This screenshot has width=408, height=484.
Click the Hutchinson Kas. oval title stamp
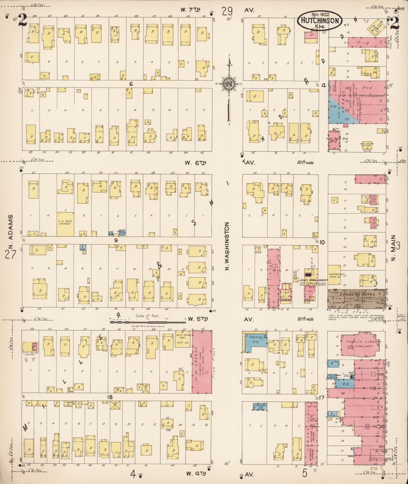pyautogui.click(x=320, y=21)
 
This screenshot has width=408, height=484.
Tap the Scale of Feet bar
pyautogui.click(x=148, y=322)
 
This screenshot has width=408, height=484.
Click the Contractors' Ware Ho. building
pyautogui.click(x=334, y=275)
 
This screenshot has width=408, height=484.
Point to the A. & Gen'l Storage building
pyautogui.click(x=65, y=224)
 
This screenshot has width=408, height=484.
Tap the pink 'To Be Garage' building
pyautogui.click(x=202, y=362)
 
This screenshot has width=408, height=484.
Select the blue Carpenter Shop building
pyautogui.click(x=260, y=406)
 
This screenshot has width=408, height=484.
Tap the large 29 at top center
pyautogui.click(x=227, y=11)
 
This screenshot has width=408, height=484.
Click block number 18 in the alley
pyautogui.click(x=109, y=397)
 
